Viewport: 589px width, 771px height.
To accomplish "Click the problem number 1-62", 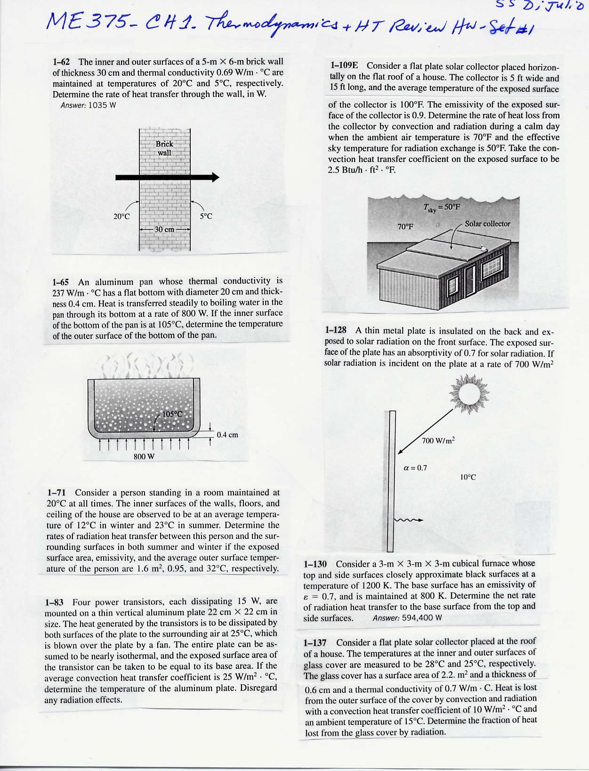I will click(61, 62).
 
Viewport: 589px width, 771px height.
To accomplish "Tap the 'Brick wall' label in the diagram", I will click(164, 148).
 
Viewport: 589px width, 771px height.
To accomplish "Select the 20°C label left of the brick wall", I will click(121, 217).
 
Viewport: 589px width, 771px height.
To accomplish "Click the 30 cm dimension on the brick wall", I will click(164, 230).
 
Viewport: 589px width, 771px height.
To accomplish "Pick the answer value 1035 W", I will click(102, 105).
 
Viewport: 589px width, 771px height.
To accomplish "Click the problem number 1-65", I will click(61, 282).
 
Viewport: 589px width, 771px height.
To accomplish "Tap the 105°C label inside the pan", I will click(172, 415).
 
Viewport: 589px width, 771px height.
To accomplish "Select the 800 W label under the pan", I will click(144, 457).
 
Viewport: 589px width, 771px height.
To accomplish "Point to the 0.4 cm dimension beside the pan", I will click(227, 435).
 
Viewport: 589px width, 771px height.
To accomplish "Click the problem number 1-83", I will click(54, 602).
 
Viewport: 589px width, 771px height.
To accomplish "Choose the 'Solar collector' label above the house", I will click(487, 224).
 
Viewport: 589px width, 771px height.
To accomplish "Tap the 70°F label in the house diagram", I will click(405, 226).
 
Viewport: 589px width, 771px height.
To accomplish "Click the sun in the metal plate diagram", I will click(469, 394).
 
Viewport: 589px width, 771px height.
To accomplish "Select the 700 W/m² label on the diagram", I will click(438, 441).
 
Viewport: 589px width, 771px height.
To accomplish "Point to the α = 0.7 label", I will click(415, 468).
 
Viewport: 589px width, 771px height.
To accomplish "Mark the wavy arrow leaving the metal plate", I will click(408, 520).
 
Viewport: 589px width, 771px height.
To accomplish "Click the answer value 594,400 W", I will click(422, 618).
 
